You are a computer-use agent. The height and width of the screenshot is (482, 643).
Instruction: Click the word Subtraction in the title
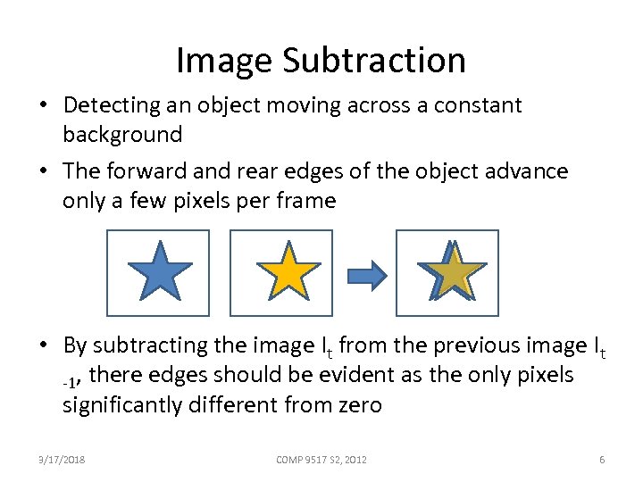(x=374, y=61)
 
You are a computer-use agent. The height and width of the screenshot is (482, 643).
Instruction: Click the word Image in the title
(x=223, y=61)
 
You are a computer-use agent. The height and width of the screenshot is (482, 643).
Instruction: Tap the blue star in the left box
(x=159, y=271)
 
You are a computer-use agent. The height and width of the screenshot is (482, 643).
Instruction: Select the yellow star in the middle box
(x=288, y=271)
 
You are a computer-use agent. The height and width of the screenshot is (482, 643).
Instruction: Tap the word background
(x=122, y=135)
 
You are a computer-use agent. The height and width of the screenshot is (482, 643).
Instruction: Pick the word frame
(x=308, y=201)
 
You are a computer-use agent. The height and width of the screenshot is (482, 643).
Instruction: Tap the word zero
(x=358, y=405)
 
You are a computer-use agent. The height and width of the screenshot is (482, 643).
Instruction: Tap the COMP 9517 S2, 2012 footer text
(x=321, y=460)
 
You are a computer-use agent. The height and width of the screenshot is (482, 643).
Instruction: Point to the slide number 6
(x=602, y=460)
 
